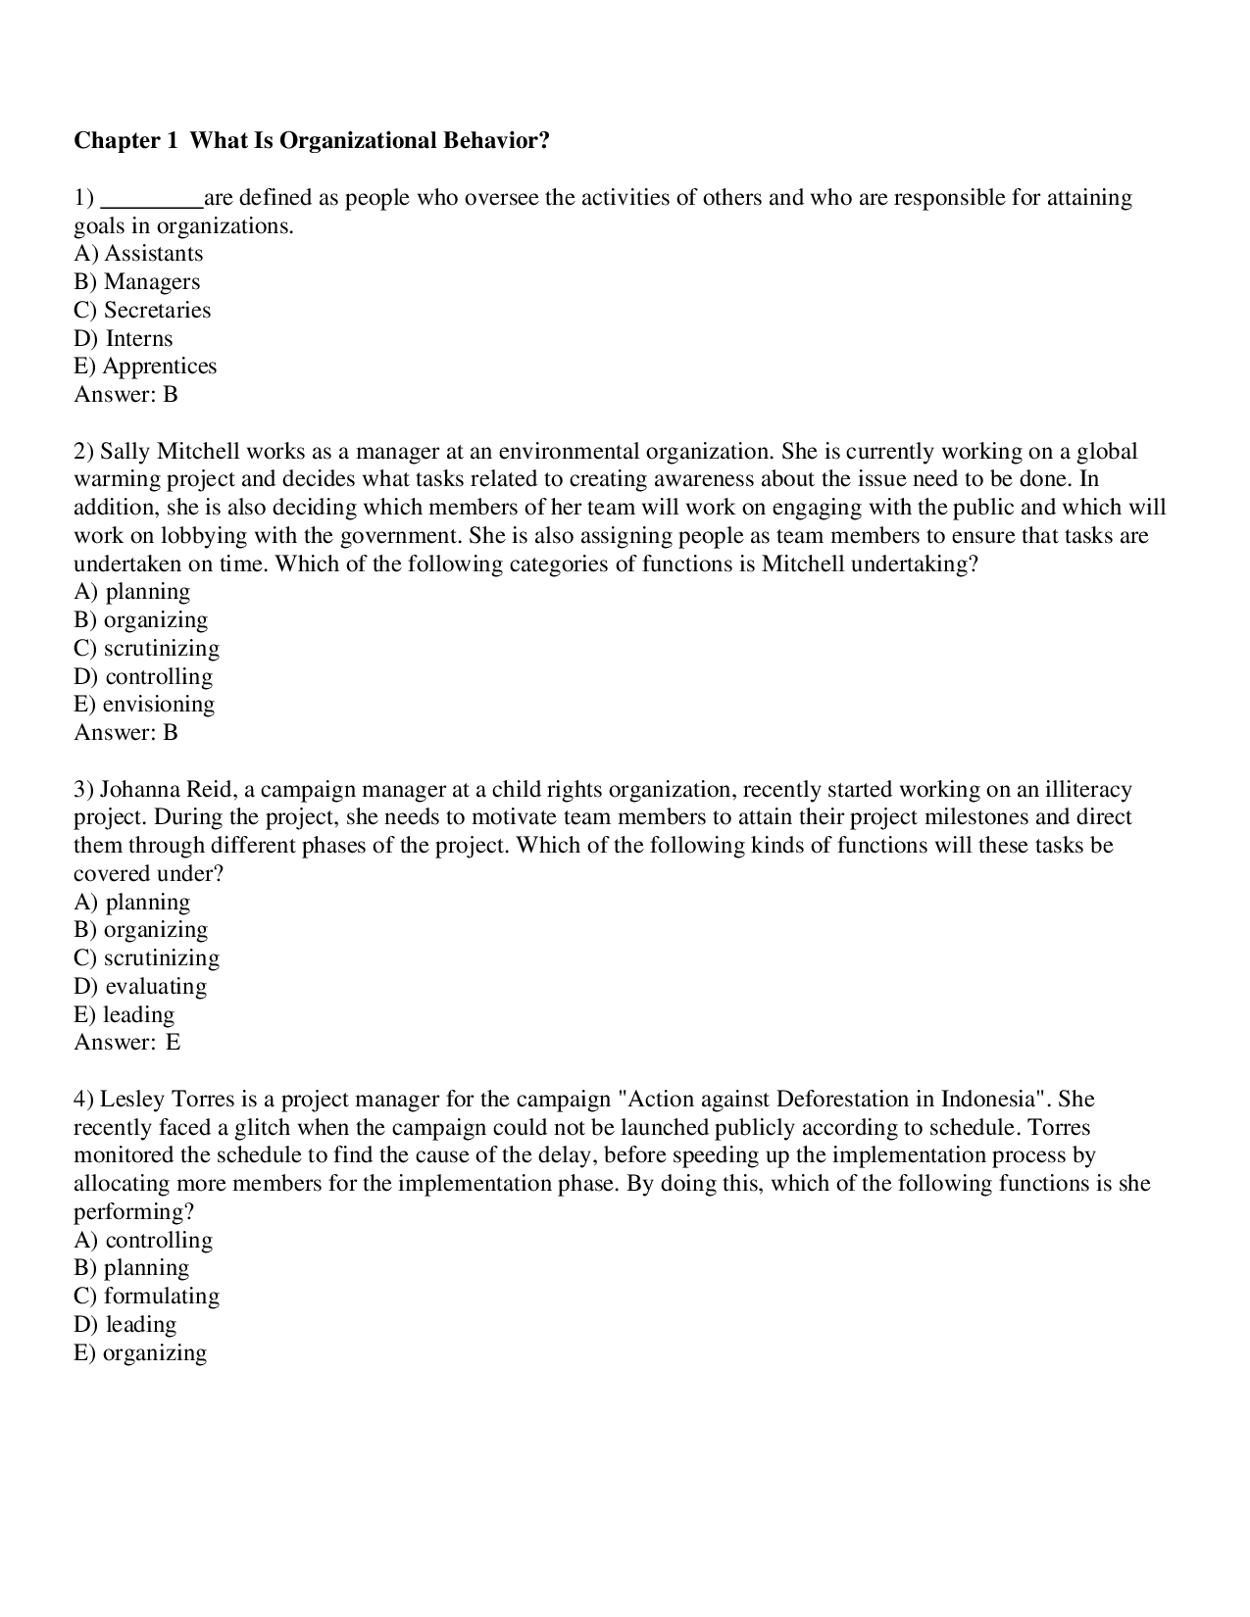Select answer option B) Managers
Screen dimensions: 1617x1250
tap(137, 282)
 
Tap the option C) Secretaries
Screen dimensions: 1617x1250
tap(142, 311)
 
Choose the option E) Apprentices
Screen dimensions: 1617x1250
tap(145, 367)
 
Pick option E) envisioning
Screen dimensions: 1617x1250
tap(144, 705)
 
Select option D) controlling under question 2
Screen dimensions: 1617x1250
tap(143, 677)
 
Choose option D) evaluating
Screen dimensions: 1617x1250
tap(140, 987)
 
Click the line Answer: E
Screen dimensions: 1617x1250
tap(127, 1043)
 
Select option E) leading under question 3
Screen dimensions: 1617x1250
tap(125, 1015)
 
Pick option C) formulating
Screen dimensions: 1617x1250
tap(147, 1297)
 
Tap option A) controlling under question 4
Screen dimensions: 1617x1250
tap(143, 1241)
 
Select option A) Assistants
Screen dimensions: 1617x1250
tap(138, 254)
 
